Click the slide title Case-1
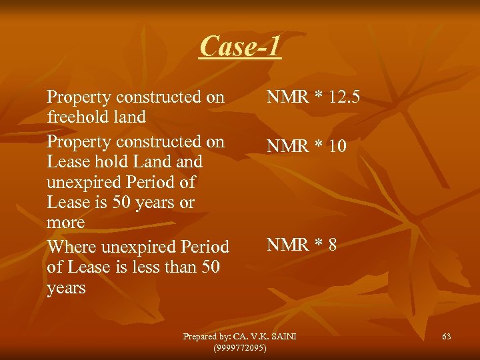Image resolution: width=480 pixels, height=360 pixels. click(x=240, y=47)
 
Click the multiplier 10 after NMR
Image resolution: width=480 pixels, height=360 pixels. click(x=337, y=146)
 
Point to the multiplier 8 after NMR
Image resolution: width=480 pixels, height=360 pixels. click(x=331, y=245)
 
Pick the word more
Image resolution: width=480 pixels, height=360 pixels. click(x=66, y=222)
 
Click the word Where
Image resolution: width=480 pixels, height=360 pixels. click(x=72, y=247)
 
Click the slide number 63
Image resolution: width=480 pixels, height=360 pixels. click(x=446, y=337)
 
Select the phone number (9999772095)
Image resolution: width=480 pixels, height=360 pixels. click(x=240, y=348)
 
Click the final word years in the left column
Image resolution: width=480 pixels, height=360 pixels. click(x=66, y=288)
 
